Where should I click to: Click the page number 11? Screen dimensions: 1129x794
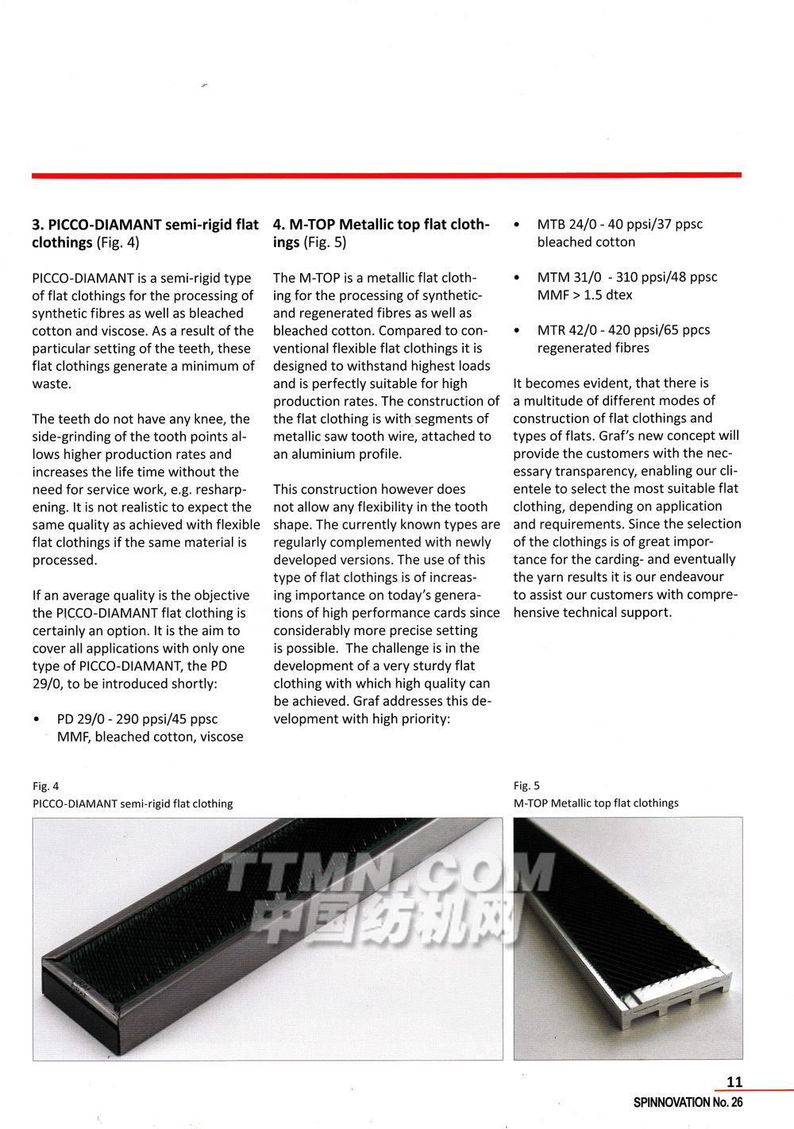[734, 1081]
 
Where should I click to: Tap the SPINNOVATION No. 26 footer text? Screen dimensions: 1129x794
[688, 1102]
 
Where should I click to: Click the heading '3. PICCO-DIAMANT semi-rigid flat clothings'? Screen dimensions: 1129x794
[145, 233]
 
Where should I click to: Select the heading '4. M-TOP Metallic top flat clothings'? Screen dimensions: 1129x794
[381, 233]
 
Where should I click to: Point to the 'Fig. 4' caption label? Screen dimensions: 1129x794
[46, 786]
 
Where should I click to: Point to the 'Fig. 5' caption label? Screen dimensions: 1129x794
[526, 785]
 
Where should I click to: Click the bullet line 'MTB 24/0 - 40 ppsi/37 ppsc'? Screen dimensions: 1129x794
[619, 225]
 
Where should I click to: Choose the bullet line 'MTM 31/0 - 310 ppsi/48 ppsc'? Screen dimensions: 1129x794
[626, 277]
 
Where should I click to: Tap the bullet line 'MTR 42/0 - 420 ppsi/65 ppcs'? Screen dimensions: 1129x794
[623, 330]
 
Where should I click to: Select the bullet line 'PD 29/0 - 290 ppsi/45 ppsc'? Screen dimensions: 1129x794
[137, 719]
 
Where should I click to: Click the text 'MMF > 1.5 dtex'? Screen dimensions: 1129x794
[584, 295]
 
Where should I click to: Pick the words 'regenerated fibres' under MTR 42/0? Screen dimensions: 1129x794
[593, 348]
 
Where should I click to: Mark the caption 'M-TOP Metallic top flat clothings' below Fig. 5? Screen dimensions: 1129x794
[595, 803]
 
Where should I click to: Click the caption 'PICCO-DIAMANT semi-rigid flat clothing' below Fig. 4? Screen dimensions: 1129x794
[133, 803]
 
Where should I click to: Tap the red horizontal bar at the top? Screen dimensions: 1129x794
[386, 175]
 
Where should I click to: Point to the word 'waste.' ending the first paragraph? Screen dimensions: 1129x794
[52, 383]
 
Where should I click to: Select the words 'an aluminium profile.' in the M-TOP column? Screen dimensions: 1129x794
[337, 454]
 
